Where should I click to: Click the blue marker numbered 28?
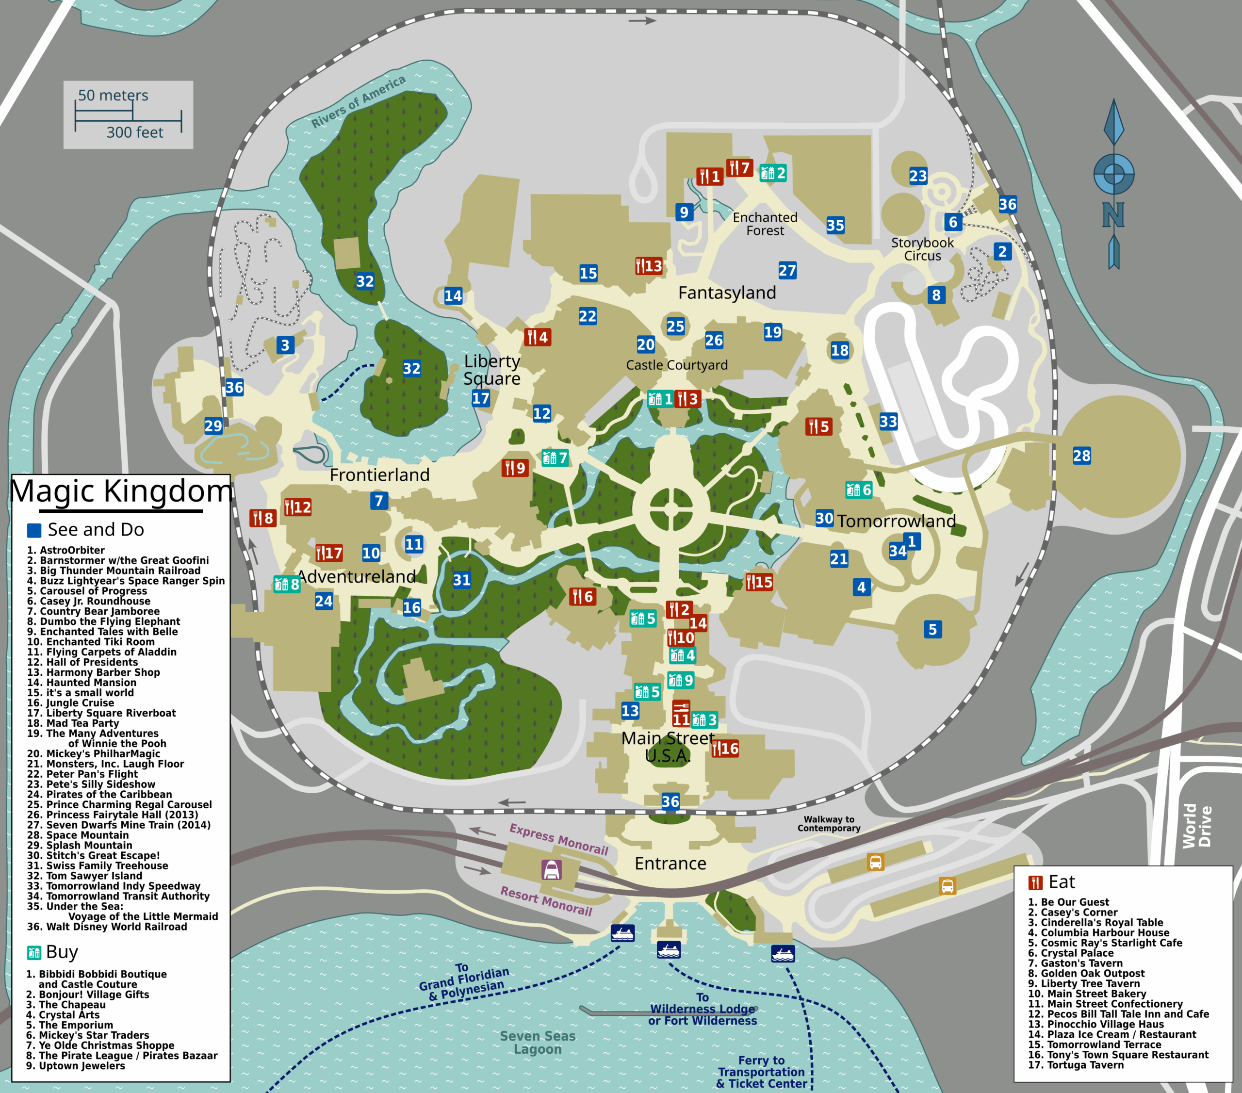pyautogui.click(x=1081, y=456)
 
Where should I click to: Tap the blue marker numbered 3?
pyautogui.click(x=285, y=345)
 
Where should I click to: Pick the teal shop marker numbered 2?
pyautogui.click(x=773, y=173)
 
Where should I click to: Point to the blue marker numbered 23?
pyautogui.click(x=918, y=176)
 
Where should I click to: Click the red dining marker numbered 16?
pyautogui.click(x=725, y=749)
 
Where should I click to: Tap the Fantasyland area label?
pyautogui.click(x=727, y=293)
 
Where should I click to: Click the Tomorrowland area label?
pyautogui.click(x=896, y=522)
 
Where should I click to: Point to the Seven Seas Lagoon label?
pyautogui.click(x=538, y=1043)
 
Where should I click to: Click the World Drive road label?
pyautogui.click(x=1196, y=826)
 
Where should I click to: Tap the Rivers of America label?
pyautogui.click(x=358, y=101)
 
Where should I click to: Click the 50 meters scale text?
pyautogui.click(x=113, y=96)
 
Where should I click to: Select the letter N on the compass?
pyautogui.click(x=1113, y=215)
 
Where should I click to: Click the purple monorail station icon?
pyautogui.click(x=551, y=870)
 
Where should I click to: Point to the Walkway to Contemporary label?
pyautogui.click(x=829, y=824)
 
